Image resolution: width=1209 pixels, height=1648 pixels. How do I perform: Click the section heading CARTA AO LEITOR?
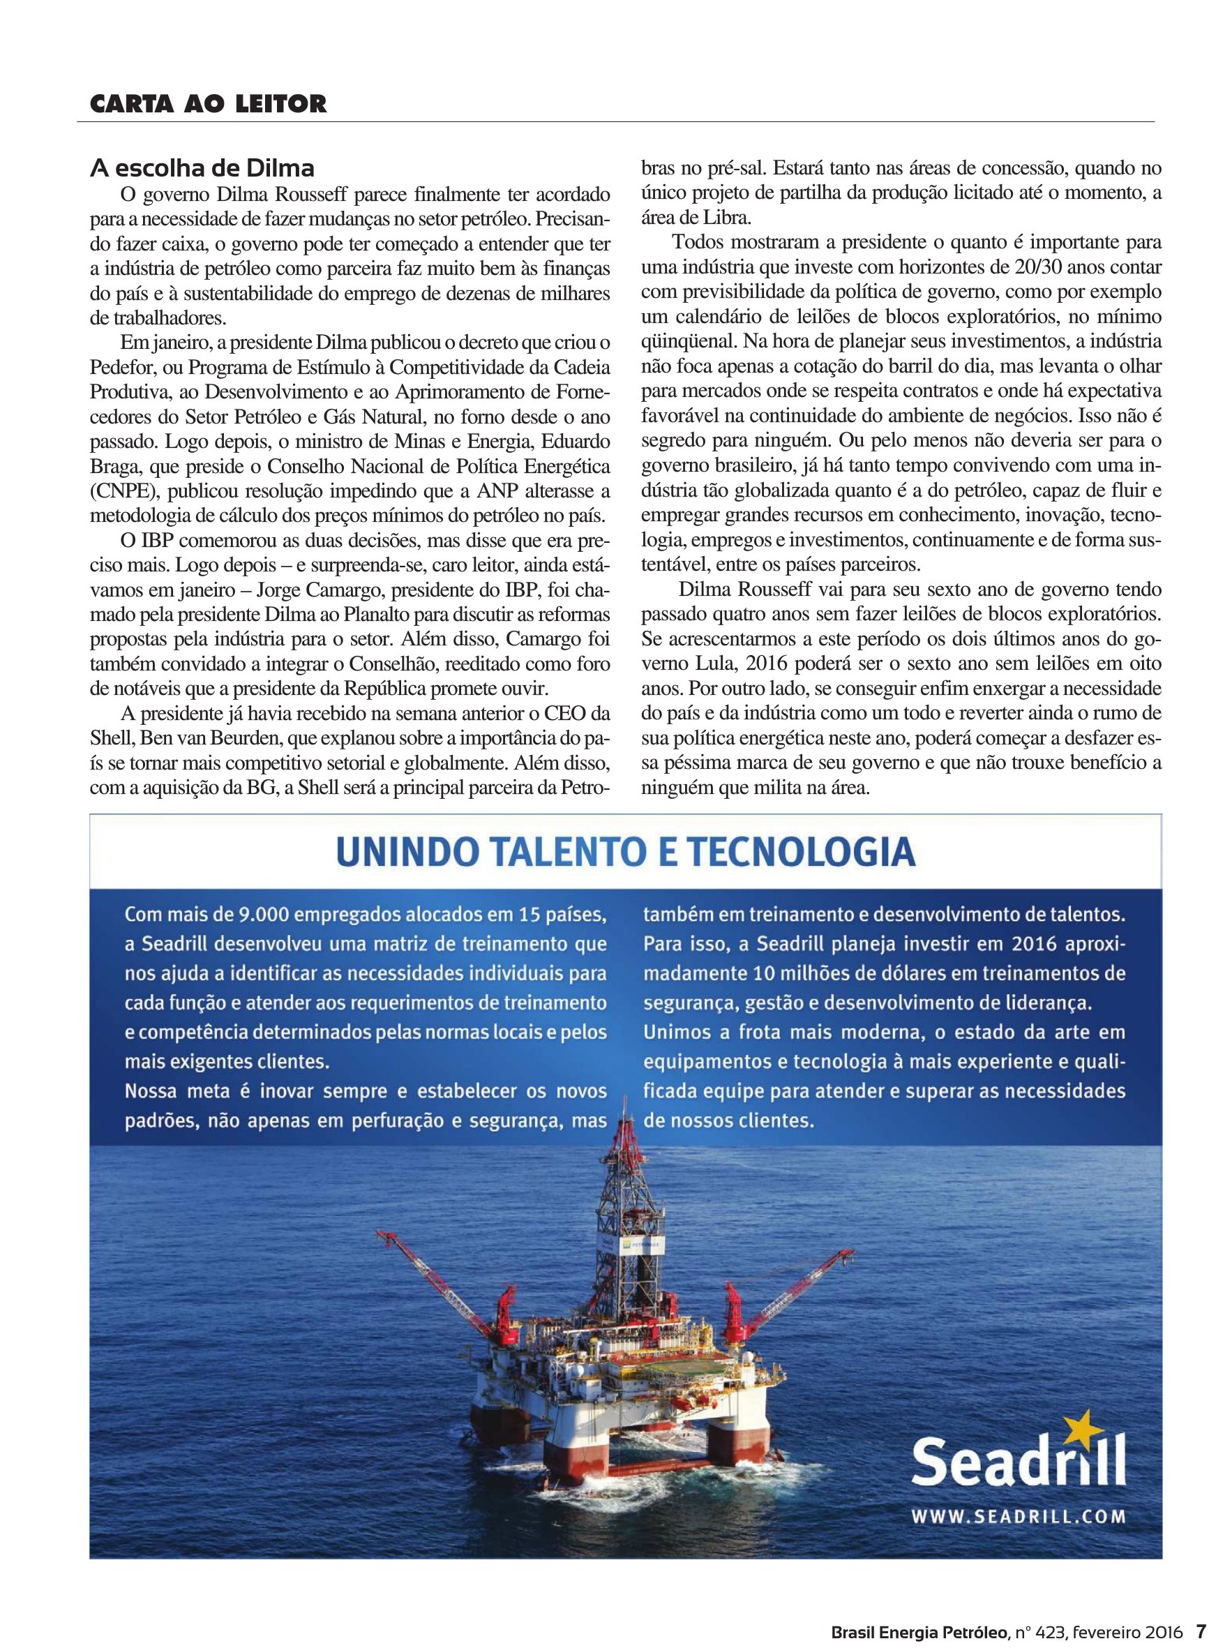tap(208, 104)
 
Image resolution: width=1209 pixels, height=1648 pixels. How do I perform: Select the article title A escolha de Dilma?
tap(202, 168)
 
